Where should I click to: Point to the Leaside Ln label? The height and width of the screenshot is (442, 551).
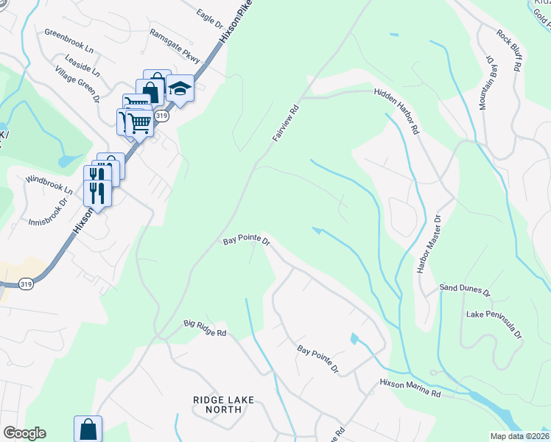[83, 65]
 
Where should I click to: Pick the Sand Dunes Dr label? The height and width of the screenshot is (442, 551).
[465, 288]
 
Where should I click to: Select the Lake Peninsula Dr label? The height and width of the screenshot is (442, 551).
[494, 325]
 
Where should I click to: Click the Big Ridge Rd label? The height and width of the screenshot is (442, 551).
[205, 328]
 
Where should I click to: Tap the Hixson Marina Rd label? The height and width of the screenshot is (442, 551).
[410, 388]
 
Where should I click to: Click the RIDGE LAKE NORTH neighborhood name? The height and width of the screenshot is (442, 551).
[222, 404]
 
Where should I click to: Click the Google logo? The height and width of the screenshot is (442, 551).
[24, 432]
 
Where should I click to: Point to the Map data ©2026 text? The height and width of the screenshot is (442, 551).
[519, 436]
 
